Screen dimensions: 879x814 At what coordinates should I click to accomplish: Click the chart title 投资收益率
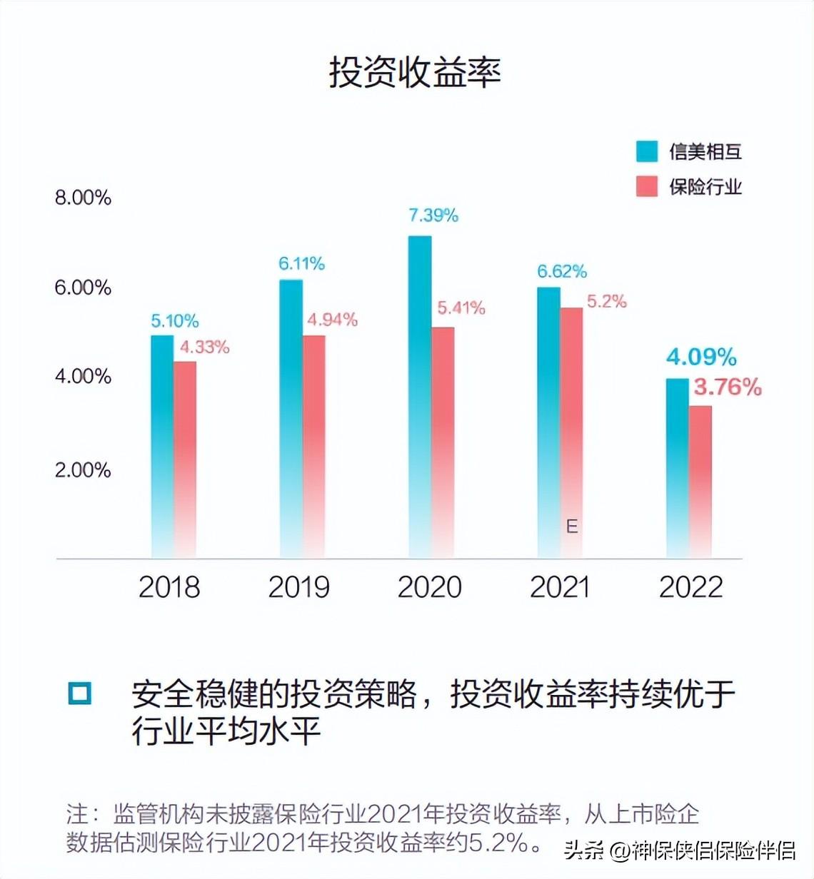pos(414,72)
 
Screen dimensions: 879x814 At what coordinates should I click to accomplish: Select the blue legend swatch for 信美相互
pos(647,151)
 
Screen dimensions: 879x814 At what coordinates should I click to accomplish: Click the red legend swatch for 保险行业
pos(647,186)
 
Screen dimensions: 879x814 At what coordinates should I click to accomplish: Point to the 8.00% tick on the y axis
pos(83,198)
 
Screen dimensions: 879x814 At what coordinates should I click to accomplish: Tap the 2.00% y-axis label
pos(83,470)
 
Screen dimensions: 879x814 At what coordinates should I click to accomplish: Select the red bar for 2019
pos(314,446)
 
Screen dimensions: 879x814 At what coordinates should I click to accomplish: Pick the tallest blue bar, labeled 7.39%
pos(420,396)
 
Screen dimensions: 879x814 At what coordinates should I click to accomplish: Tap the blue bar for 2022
pos(678,467)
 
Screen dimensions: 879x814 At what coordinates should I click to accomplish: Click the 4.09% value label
pos(701,357)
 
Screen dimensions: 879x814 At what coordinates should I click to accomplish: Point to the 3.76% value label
pos(728,387)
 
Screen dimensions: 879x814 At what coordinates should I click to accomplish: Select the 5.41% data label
pos(461,308)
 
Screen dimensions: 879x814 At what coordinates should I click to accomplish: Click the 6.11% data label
pos(301,264)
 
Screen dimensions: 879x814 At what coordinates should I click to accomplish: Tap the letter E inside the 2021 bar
pos(572,527)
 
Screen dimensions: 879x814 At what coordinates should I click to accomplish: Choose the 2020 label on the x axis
pos(430,587)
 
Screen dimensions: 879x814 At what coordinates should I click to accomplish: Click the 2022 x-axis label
pos(690,587)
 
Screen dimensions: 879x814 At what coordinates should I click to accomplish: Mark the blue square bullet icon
pos(80,693)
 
